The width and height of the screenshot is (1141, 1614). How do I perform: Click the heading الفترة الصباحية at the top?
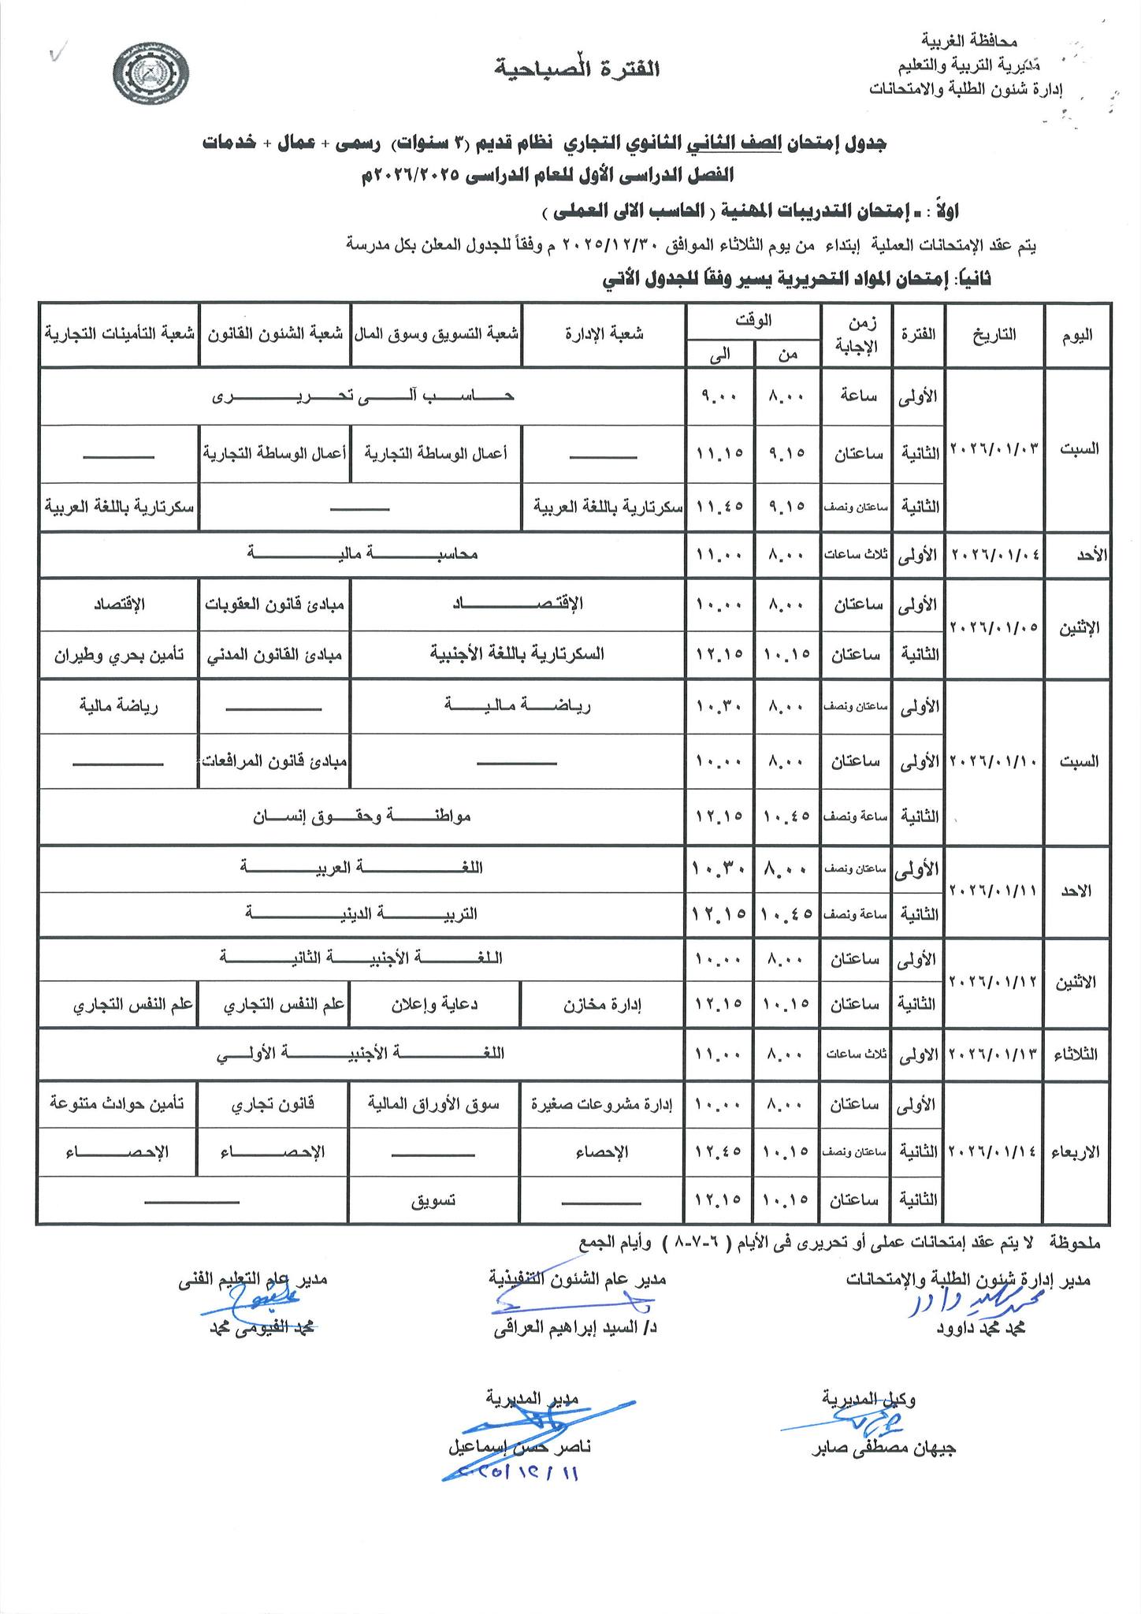[577, 69]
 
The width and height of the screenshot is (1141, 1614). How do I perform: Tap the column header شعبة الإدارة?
[604, 334]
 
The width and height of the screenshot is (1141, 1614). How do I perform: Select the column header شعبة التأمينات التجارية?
[118, 333]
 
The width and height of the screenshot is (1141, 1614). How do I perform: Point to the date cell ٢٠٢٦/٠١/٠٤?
[995, 554]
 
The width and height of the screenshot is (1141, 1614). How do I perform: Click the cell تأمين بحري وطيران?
[119, 654]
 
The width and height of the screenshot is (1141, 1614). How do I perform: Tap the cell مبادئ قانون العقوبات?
[274, 604]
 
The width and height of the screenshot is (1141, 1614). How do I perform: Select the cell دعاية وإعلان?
[435, 1005]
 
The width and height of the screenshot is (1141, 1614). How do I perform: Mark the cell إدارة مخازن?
[603, 1005]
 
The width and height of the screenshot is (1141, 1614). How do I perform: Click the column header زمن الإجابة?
[857, 334]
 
